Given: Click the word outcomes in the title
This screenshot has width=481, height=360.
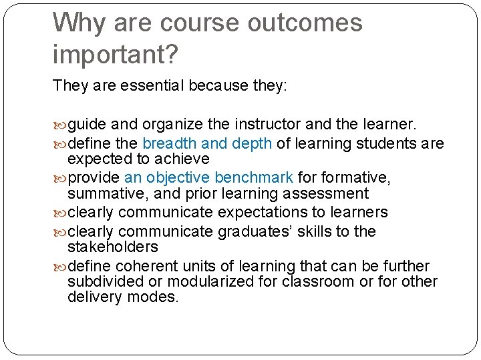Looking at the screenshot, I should pos(305,23).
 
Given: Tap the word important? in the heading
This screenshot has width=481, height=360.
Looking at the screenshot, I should pos(116,55).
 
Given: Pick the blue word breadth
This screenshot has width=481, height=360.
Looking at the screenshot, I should pos(170,143).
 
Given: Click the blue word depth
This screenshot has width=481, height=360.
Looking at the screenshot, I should pos(251,143).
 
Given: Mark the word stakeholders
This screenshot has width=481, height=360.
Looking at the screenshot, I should pos(113,247).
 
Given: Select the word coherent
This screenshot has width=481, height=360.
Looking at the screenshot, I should pos(148,266).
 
